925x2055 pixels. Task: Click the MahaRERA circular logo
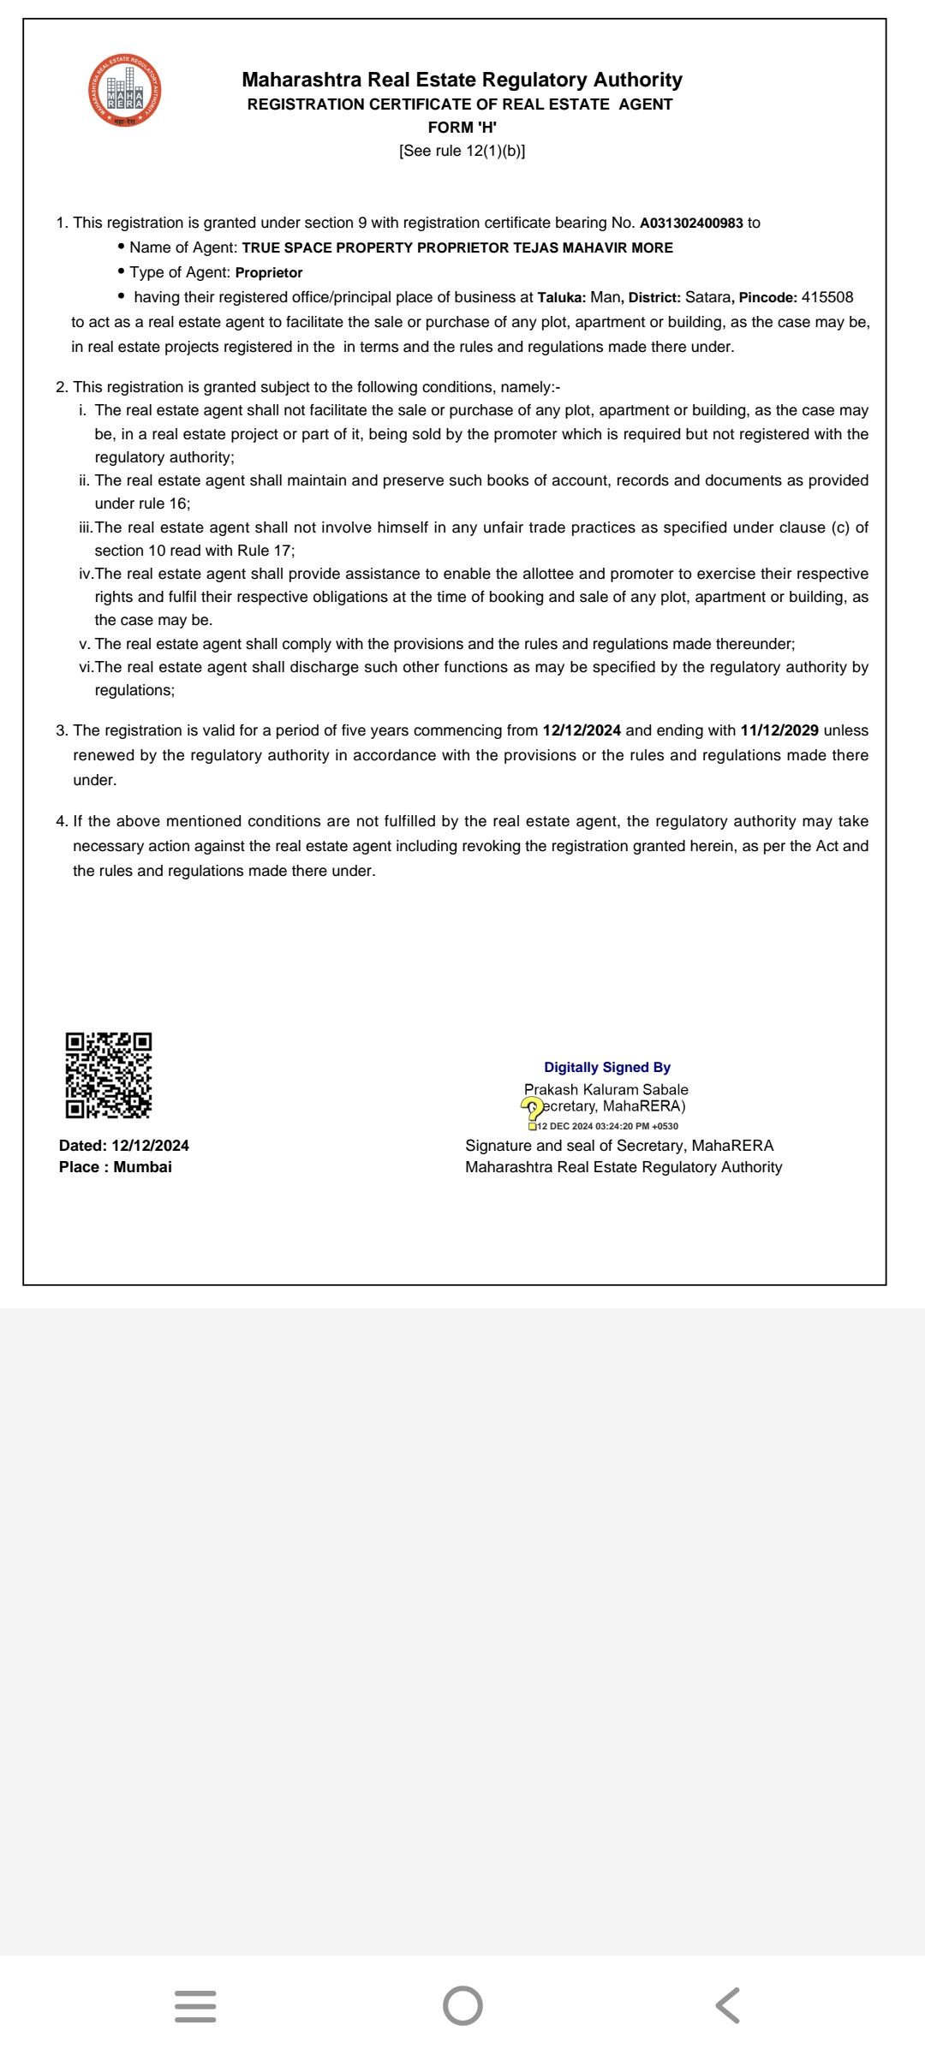(x=125, y=91)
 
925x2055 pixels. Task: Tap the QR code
(x=109, y=1075)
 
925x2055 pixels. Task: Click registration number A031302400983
(x=691, y=223)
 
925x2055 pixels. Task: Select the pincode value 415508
(x=827, y=297)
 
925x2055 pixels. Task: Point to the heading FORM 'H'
(x=462, y=128)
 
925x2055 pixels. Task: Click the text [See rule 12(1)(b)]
(x=462, y=151)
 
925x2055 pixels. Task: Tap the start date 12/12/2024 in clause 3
(x=582, y=730)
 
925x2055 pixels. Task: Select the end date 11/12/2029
(x=779, y=730)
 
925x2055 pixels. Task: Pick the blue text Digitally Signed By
(x=607, y=1067)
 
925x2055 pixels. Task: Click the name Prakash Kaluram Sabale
(x=606, y=1089)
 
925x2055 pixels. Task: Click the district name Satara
(x=707, y=297)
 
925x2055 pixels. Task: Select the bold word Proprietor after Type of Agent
(x=269, y=272)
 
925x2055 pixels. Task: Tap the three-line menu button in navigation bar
(x=195, y=2005)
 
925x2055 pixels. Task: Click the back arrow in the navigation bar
(x=727, y=2005)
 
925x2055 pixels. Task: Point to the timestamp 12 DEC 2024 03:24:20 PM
(x=607, y=1127)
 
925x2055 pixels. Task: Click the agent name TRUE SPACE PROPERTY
(x=328, y=248)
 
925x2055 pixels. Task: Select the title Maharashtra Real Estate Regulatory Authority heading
(x=462, y=80)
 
